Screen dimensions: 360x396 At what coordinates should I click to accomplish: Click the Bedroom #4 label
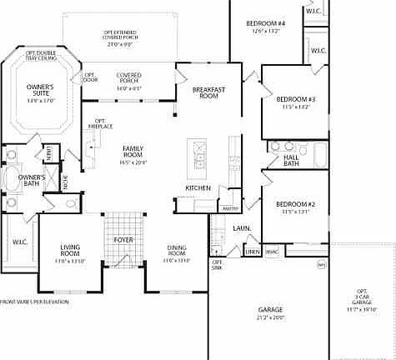[x=266, y=22]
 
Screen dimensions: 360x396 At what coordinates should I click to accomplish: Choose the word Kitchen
[x=186, y=187]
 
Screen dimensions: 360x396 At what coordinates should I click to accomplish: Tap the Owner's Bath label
[x=32, y=181]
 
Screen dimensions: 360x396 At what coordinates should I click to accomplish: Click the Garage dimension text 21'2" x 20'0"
[x=272, y=317]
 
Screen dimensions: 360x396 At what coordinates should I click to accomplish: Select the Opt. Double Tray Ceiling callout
[x=40, y=55]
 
